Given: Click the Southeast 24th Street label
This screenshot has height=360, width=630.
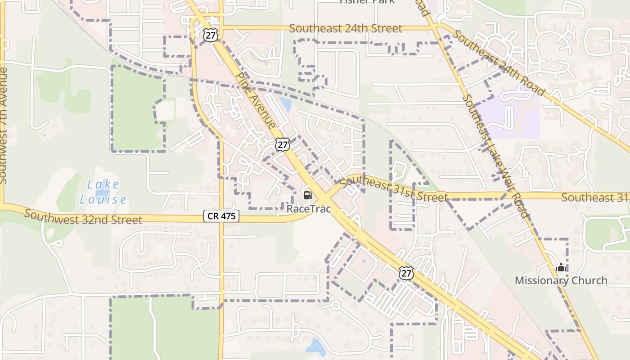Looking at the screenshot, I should click(346, 28).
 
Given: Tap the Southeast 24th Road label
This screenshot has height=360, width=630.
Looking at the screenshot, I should click(499, 63).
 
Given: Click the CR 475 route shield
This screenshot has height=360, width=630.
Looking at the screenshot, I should click(221, 216).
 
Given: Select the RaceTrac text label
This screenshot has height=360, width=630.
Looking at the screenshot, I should click(309, 209).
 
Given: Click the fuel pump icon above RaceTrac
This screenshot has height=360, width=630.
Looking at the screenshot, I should click(308, 195).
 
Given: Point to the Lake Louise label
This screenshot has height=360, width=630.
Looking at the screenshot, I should click(103, 192).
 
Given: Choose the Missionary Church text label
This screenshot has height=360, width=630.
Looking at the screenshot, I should click(561, 280).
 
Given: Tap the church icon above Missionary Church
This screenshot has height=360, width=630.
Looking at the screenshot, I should click(561, 268).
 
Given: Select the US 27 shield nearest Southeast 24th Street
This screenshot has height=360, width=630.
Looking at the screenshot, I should click(210, 35).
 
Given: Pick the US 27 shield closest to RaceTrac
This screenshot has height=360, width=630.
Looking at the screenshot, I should click(282, 144).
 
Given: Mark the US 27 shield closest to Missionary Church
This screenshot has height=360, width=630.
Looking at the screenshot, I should click(405, 272).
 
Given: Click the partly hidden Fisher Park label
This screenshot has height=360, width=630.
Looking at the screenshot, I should click(367, 2).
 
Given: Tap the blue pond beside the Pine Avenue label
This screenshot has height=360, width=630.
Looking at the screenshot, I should click(285, 104).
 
